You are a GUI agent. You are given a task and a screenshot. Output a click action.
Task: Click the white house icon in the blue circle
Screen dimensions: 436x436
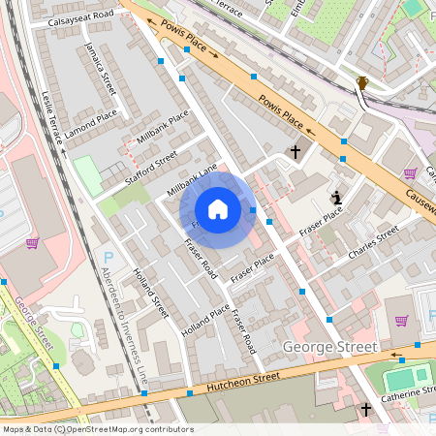(x=218, y=209)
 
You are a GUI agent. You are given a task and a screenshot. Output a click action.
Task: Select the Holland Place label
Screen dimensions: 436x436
(x=206, y=321)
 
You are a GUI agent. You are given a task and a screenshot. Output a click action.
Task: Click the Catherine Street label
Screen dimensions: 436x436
(x=407, y=392)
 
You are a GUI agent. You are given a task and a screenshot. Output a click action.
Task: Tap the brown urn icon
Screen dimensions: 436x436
(x=361, y=83)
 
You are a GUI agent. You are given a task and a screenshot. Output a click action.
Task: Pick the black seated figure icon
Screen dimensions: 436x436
(x=336, y=198)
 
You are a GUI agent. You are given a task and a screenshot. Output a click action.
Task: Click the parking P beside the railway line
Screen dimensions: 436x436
(x=108, y=258)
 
